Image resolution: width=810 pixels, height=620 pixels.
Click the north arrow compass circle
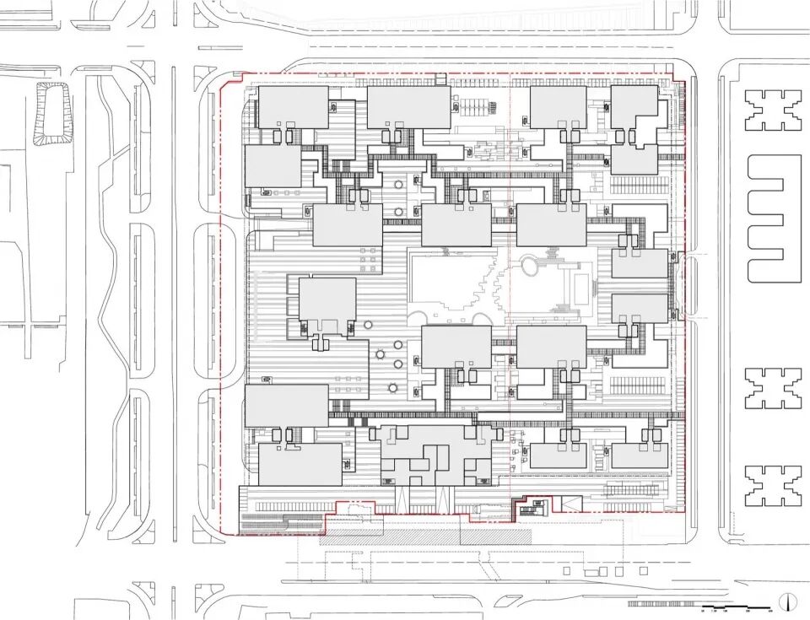pos(786,602)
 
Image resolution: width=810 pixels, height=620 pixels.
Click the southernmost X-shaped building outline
pos(772,484)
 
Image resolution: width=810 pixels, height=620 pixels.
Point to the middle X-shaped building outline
pos(772,389)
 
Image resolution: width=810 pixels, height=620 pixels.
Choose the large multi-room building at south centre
pos(436,456)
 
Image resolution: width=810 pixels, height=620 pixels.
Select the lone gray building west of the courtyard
pos(327,304)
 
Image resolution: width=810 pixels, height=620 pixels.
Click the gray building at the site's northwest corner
pos(293,107)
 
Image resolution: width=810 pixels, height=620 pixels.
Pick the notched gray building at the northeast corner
pos(634,106)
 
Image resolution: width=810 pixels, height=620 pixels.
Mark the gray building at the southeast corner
pos(640,456)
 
